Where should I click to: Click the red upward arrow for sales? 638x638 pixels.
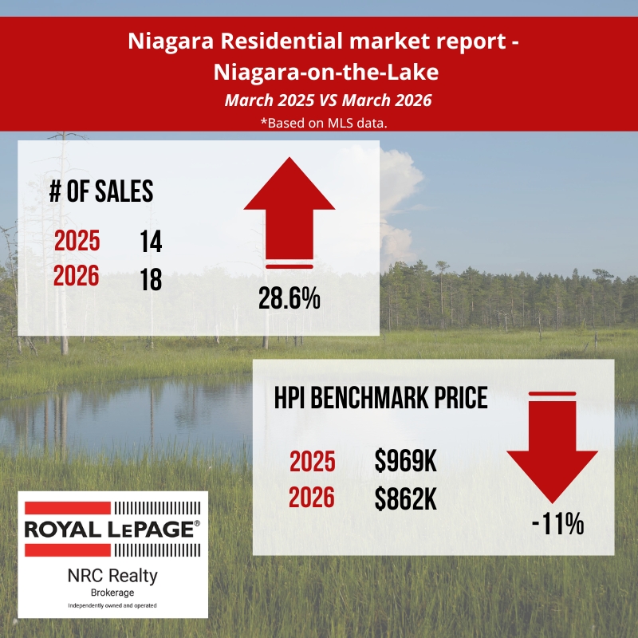click(x=289, y=211)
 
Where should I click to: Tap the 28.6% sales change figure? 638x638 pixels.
click(x=289, y=299)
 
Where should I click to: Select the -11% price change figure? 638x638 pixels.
click(x=558, y=525)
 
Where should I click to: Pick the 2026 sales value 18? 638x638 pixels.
click(x=149, y=279)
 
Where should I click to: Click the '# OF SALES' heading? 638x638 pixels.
click(x=100, y=191)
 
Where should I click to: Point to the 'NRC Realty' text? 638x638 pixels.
click(x=112, y=575)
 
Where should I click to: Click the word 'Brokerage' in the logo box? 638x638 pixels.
click(x=112, y=593)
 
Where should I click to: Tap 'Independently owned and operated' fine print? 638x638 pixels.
click(x=112, y=606)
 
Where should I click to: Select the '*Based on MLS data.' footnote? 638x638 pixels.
click(x=319, y=123)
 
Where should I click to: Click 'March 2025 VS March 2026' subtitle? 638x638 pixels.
click(x=319, y=101)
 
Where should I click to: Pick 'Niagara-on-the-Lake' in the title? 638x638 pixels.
click(x=319, y=73)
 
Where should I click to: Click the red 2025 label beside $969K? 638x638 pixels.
click(x=312, y=462)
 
